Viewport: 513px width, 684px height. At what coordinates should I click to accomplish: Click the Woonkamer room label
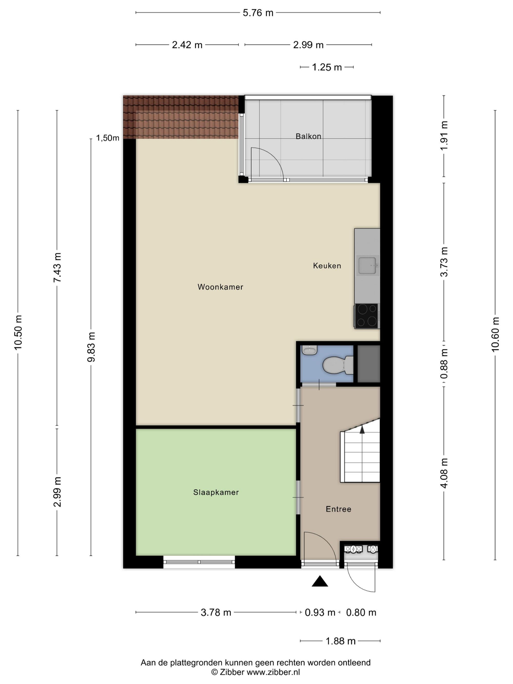[x=220, y=287]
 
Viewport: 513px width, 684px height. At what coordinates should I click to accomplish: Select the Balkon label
[x=308, y=136]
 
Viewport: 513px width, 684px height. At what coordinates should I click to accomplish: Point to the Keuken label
[x=327, y=266]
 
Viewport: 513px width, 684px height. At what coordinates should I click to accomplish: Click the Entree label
[x=339, y=509]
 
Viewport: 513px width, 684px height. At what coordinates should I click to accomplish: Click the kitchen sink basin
[x=367, y=265]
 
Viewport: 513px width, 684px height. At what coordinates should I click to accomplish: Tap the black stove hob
[x=367, y=316]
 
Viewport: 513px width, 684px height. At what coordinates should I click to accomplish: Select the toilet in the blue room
[x=338, y=365]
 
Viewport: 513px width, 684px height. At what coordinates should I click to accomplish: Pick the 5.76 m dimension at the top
[x=258, y=13]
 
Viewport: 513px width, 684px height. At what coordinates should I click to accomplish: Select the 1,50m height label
[x=108, y=138]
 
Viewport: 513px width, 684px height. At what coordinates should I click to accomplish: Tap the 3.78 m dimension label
[x=216, y=612]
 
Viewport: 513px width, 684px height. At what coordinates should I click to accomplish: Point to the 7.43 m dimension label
[x=57, y=267]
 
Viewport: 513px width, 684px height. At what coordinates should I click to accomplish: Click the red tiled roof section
[x=181, y=117]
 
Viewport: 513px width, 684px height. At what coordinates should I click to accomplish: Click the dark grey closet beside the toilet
[x=369, y=364]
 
